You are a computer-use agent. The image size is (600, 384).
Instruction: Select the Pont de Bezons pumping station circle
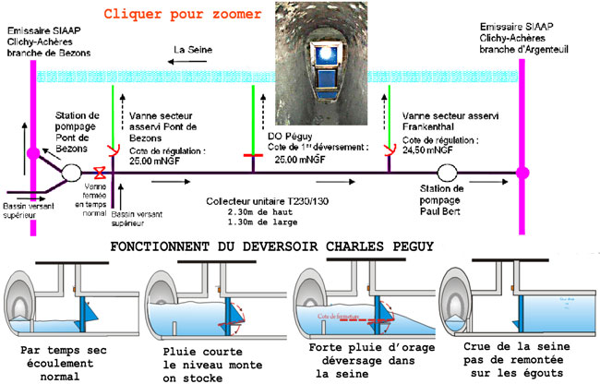tap(70, 172)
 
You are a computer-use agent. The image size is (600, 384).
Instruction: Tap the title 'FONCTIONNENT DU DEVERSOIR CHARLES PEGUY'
tap(296, 248)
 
